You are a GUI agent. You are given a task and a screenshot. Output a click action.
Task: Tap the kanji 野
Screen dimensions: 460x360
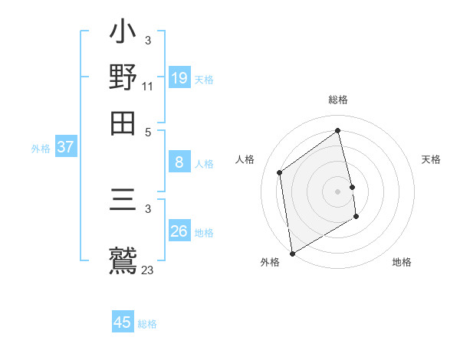[x=123, y=78]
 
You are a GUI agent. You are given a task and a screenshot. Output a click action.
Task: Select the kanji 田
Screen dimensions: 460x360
[x=123, y=122]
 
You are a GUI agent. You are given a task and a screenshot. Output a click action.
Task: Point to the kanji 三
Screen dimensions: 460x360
[x=123, y=203]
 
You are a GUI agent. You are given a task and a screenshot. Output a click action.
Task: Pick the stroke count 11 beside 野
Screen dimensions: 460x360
[x=148, y=86]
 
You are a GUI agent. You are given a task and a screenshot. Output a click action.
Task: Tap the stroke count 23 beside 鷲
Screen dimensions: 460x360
[x=148, y=270]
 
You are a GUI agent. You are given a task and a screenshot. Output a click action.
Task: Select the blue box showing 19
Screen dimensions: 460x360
[x=179, y=78]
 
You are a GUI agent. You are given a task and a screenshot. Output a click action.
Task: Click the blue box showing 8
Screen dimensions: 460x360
[x=179, y=162]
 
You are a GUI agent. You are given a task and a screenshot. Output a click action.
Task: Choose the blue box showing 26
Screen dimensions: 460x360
[x=179, y=231]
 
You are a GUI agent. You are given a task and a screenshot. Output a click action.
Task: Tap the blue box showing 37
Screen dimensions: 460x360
[x=65, y=148]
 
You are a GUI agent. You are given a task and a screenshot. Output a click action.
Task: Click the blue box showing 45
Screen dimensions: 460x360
[x=123, y=322]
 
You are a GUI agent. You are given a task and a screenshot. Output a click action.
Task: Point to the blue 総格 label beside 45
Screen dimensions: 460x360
[x=148, y=324]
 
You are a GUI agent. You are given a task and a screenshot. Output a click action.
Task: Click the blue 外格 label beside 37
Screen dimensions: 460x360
[x=41, y=149]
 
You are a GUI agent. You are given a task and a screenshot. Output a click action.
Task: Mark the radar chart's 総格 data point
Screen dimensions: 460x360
[x=338, y=131]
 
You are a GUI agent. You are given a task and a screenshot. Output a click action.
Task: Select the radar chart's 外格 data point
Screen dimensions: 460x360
[x=292, y=253]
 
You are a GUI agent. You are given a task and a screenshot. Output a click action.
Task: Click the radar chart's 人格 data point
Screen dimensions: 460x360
[x=280, y=172]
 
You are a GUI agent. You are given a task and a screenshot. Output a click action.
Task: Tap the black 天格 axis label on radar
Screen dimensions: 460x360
[x=432, y=159]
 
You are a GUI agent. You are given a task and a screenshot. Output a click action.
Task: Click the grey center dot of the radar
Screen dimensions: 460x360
[x=338, y=191]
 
